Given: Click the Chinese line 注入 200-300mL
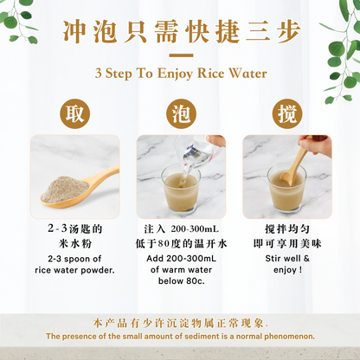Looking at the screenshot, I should (180, 229).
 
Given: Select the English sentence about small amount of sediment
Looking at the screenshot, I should (180, 337).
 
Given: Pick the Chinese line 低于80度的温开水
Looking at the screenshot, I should (180, 245).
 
